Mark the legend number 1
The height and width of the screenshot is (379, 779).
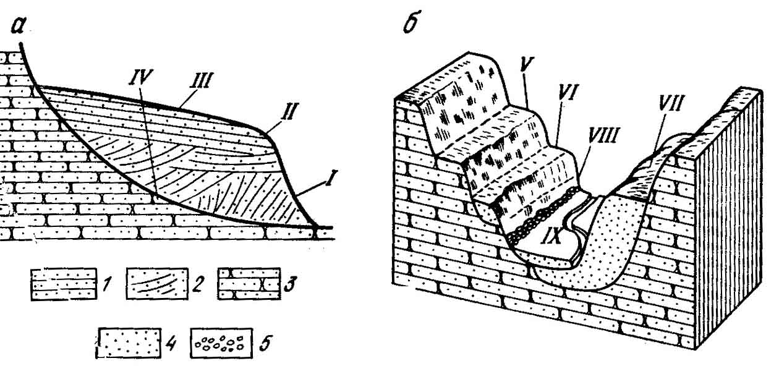109,286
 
